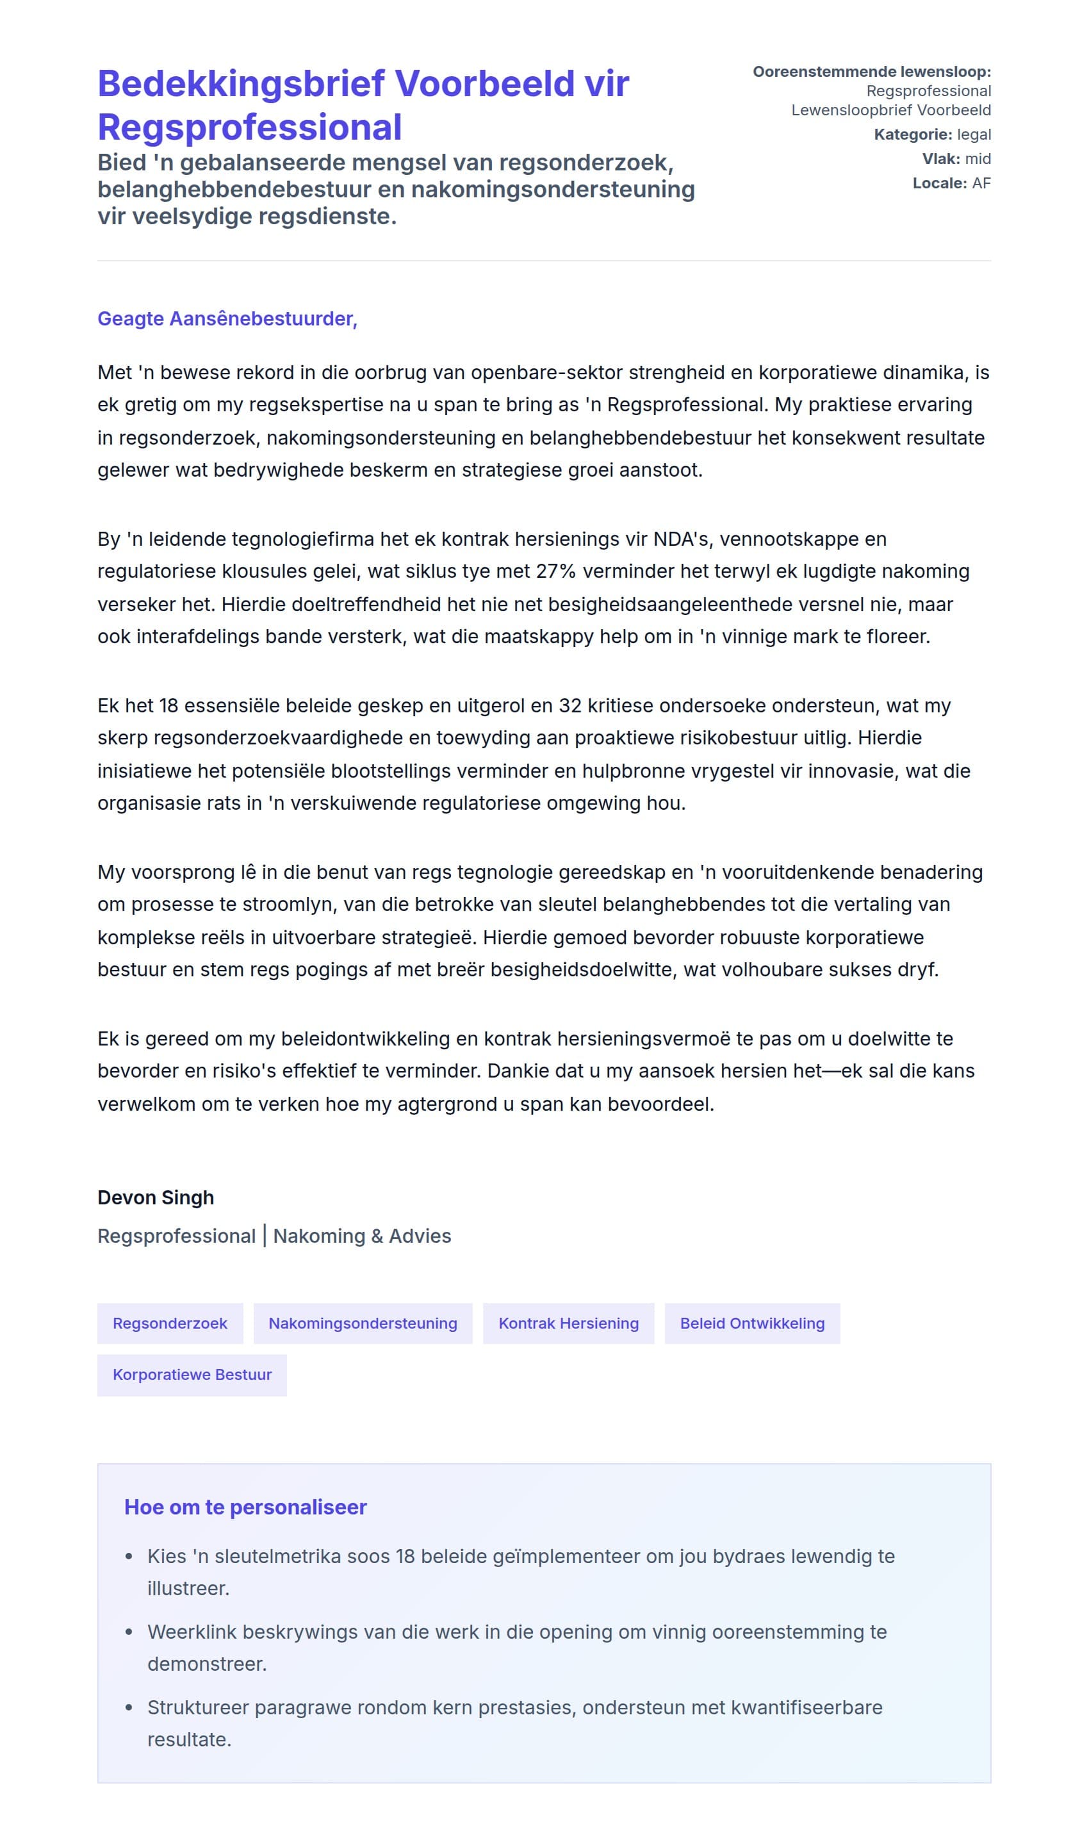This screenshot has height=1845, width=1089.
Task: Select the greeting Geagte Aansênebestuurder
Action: (x=227, y=318)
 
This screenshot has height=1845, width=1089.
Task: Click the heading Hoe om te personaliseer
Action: (x=245, y=1507)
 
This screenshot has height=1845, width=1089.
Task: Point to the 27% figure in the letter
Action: (x=555, y=571)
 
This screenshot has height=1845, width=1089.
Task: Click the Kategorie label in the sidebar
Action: (x=912, y=135)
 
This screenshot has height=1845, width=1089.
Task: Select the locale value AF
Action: (x=981, y=183)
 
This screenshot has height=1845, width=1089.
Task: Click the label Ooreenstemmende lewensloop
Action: (x=871, y=71)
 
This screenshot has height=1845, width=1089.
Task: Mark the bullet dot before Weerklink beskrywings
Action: (x=129, y=1632)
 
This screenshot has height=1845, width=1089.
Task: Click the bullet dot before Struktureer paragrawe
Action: (x=129, y=1708)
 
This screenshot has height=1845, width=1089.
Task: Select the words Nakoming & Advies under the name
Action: (x=362, y=1236)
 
